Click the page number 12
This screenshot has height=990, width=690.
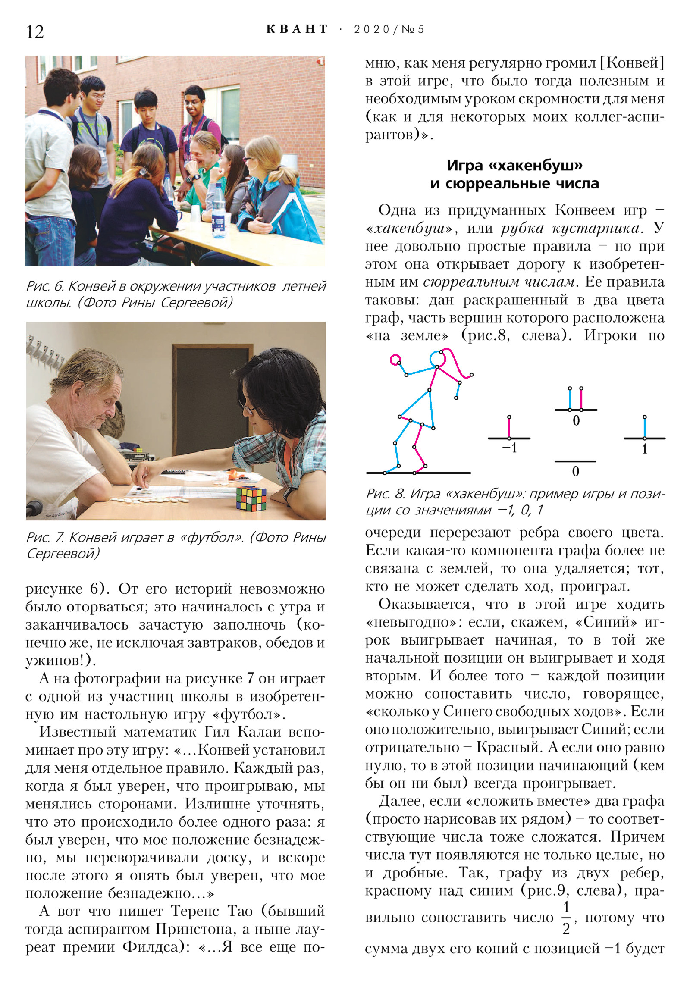(x=35, y=31)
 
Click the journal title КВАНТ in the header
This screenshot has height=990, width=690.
(x=297, y=29)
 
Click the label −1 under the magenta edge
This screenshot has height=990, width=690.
(x=509, y=448)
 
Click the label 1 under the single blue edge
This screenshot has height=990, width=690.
(x=644, y=449)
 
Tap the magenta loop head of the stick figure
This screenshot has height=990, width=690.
(x=395, y=360)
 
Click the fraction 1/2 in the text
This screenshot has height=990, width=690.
(x=566, y=917)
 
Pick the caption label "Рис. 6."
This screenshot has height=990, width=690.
(x=45, y=286)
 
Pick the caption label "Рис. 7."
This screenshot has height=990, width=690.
(x=45, y=537)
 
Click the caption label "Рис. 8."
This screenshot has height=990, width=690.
(x=385, y=494)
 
